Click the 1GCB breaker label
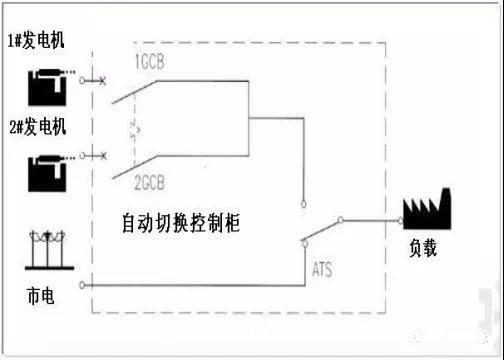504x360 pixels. (150, 63)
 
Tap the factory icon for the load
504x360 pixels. (429, 214)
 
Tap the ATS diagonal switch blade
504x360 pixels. (320, 230)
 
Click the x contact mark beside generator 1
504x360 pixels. (104, 78)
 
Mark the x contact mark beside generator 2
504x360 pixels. (103, 155)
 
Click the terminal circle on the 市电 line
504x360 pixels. (83, 285)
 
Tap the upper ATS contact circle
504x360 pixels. (300, 201)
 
